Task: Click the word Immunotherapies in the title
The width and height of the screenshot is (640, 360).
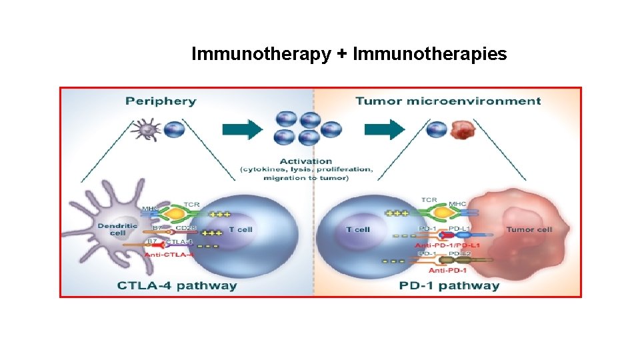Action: click(x=429, y=55)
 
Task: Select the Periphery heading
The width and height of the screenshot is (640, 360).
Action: click(x=161, y=101)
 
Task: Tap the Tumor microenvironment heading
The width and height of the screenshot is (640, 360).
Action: click(x=448, y=101)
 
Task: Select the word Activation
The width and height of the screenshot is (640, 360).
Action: click(x=306, y=161)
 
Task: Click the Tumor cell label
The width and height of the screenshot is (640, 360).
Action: click(x=529, y=229)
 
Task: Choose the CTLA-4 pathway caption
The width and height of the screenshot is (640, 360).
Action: click(x=177, y=285)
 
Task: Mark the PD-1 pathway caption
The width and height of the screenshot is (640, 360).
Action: click(x=449, y=285)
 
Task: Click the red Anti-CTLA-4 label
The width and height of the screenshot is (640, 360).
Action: click(x=169, y=254)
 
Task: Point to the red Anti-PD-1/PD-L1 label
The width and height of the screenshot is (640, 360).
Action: click(x=448, y=245)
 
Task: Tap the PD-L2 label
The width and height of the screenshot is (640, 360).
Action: click(x=459, y=254)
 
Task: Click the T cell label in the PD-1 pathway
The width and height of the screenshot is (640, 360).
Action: click(x=358, y=229)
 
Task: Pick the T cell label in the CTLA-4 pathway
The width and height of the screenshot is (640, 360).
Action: click(x=241, y=229)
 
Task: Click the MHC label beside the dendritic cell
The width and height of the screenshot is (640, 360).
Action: click(x=150, y=209)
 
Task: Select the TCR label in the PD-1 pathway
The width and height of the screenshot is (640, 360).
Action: click(x=429, y=199)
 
